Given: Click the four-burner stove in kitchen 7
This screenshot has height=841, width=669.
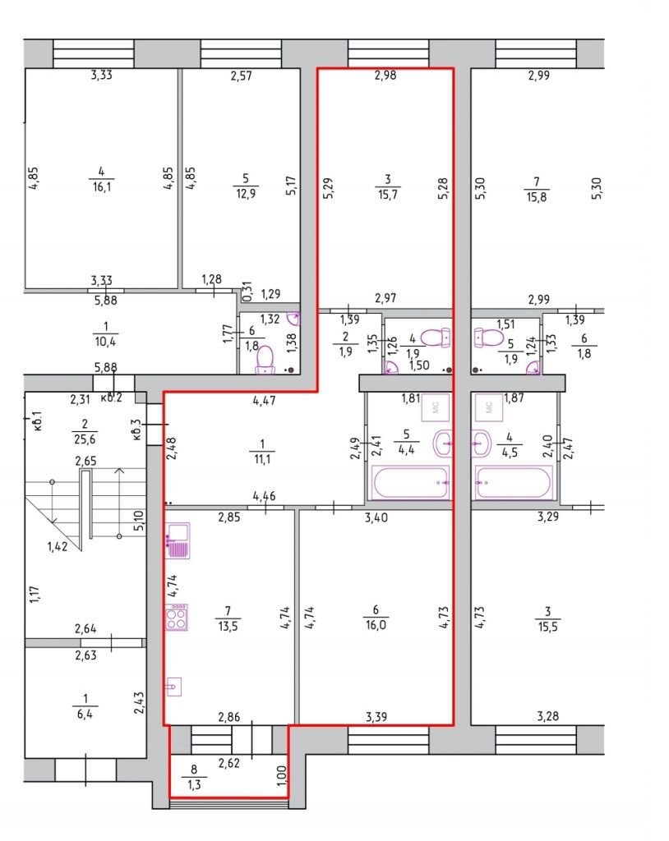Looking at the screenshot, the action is click(x=177, y=617).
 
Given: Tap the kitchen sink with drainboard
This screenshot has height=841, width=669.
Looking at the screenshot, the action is click(x=178, y=541).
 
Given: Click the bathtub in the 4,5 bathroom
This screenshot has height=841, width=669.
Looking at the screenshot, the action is click(x=514, y=483).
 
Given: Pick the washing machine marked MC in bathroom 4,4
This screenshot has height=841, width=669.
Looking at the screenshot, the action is click(x=436, y=407).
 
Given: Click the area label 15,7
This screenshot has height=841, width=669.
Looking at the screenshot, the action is click(x=387, y=194).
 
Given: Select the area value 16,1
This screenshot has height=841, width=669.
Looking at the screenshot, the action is click(x=101, y=187).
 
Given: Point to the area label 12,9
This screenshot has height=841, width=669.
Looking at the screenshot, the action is click(x=246, y=194).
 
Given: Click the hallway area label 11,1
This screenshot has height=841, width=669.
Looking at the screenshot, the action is click(x=262, y=459).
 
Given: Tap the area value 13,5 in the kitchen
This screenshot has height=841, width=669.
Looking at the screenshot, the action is click(x=228, y=626).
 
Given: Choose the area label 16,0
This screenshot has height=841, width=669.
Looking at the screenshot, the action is click(x=376, y=625).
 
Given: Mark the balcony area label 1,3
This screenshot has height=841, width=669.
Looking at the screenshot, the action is click(x=194, y=784).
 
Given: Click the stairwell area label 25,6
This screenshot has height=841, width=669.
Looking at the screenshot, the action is click(x=85, y=439).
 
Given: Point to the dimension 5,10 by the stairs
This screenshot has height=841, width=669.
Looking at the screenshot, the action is click(x=139, y=520).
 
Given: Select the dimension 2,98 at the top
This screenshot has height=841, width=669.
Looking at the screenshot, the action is click(x=385, y=75).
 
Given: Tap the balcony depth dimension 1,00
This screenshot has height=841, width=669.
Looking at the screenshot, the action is click(x=283, y=775).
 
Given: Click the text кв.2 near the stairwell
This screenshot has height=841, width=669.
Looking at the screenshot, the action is click(x=112, y=398).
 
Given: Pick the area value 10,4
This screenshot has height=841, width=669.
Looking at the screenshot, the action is click(x=105, y=341).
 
